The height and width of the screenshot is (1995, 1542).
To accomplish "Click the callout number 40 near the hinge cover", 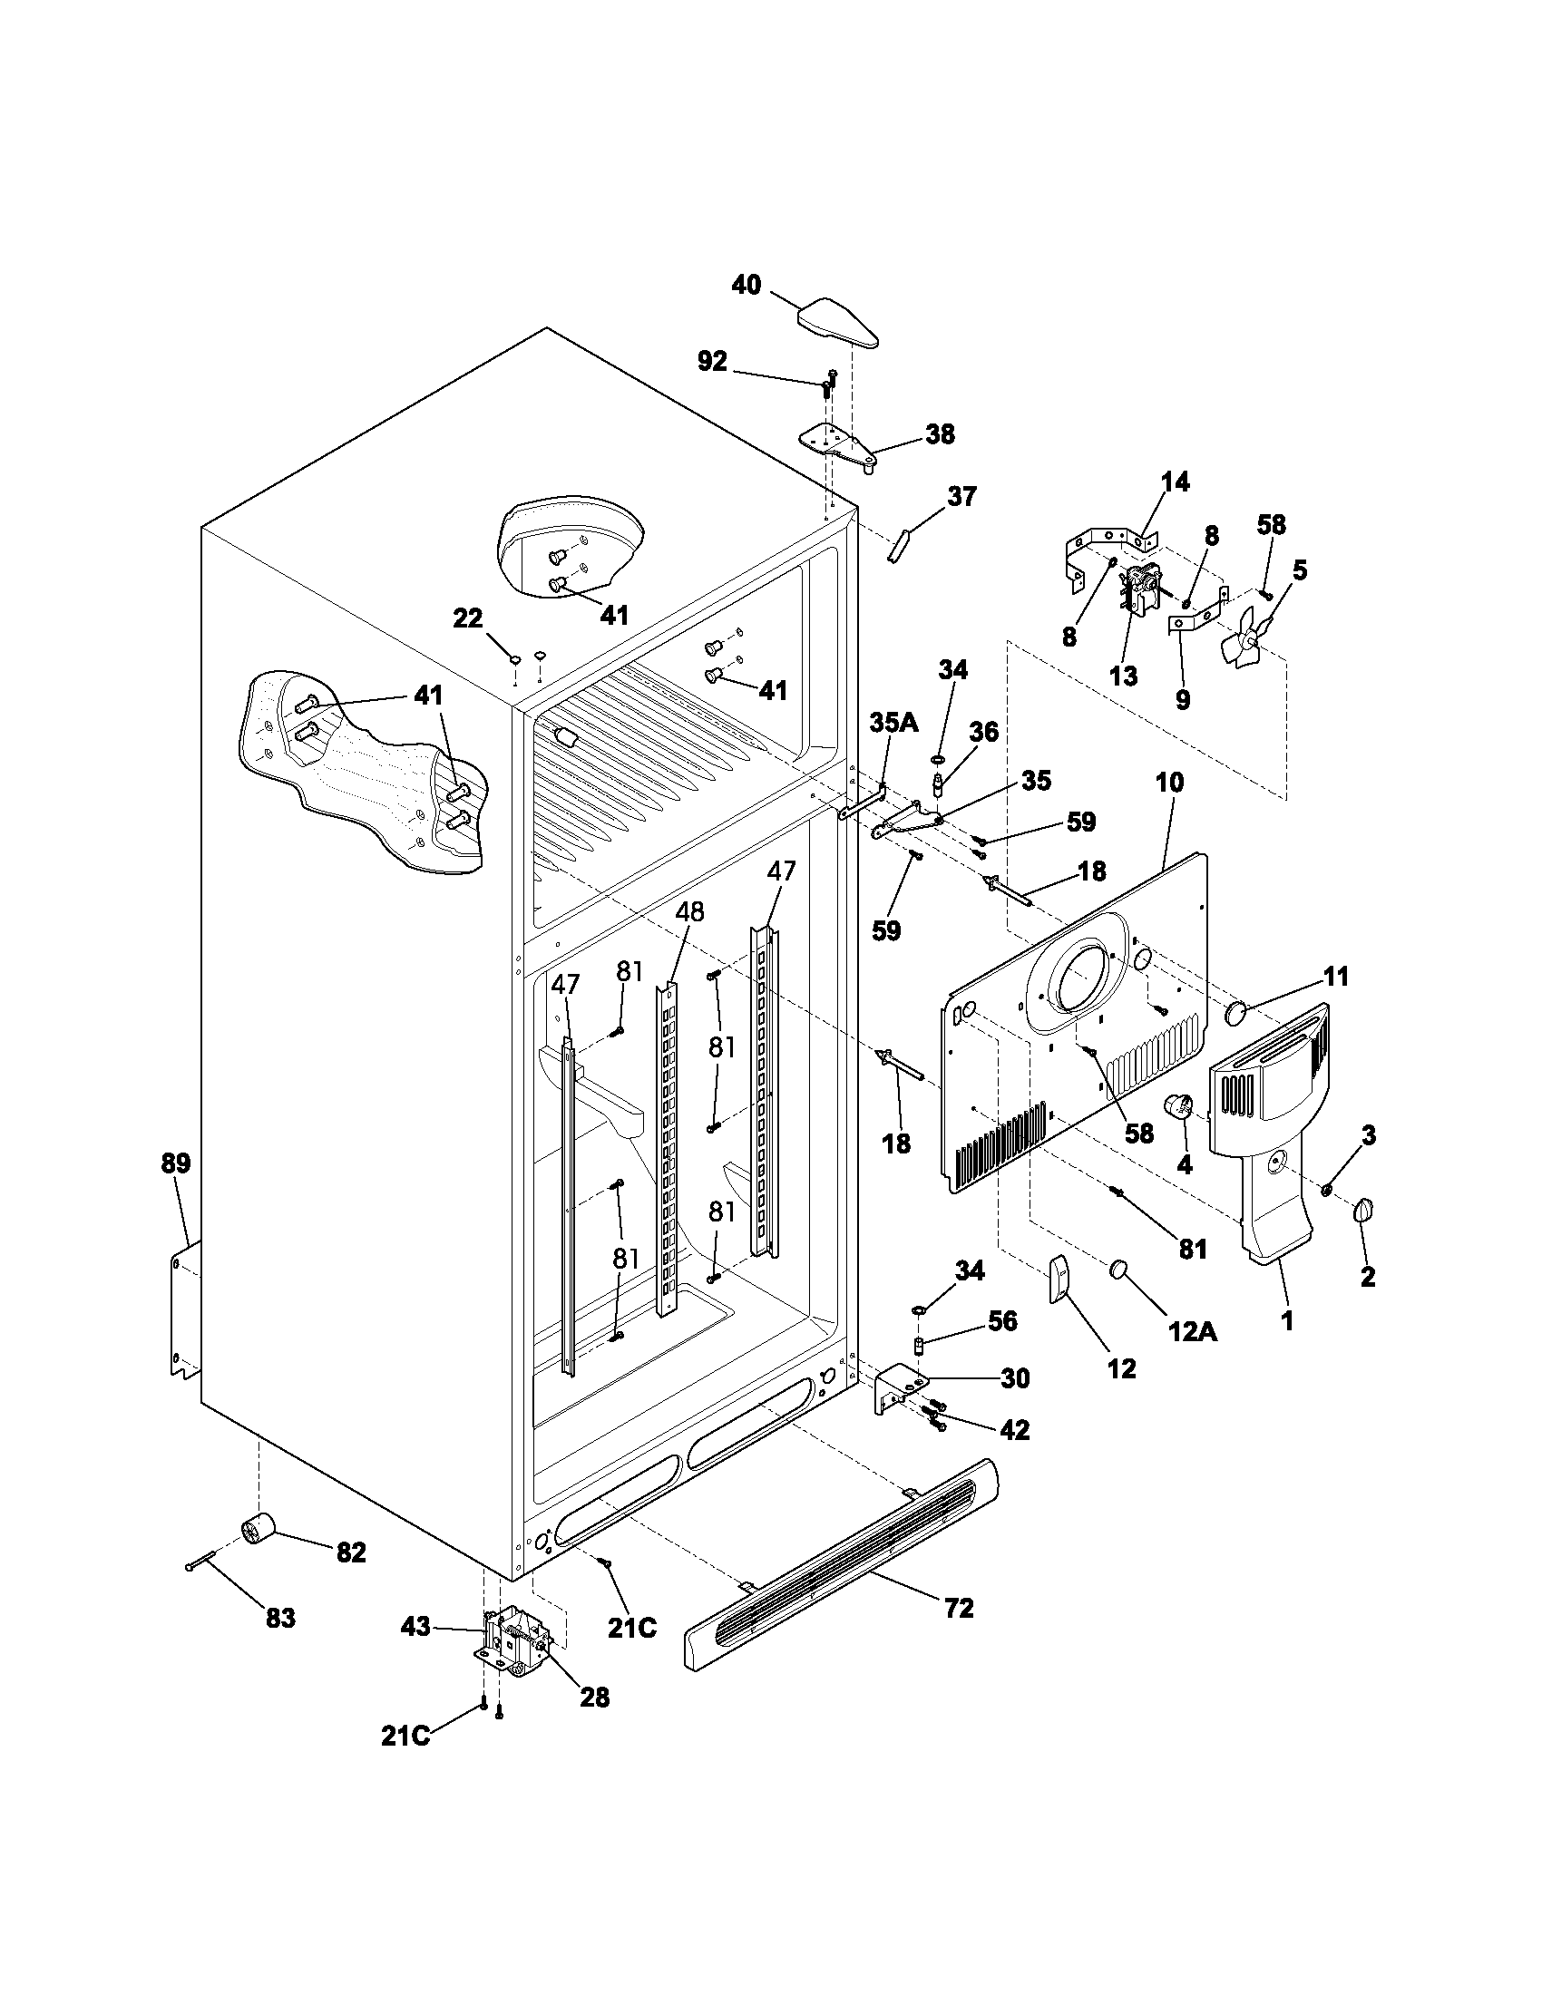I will (x=747, y=285).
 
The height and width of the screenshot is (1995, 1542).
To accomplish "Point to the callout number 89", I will (x=175, y=1163).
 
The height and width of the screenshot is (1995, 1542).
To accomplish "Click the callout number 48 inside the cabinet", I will (x=690, y=911).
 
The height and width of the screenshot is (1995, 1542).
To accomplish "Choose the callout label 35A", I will (x=893, y=724).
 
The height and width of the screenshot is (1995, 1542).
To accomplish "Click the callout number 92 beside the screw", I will (x=713, y=362).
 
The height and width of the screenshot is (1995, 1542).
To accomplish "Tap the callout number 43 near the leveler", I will (x=415, y=1626).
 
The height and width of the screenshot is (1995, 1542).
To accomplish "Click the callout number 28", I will (x=595, y=1697).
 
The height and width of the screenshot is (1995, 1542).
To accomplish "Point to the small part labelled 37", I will (x=897, y=546).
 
